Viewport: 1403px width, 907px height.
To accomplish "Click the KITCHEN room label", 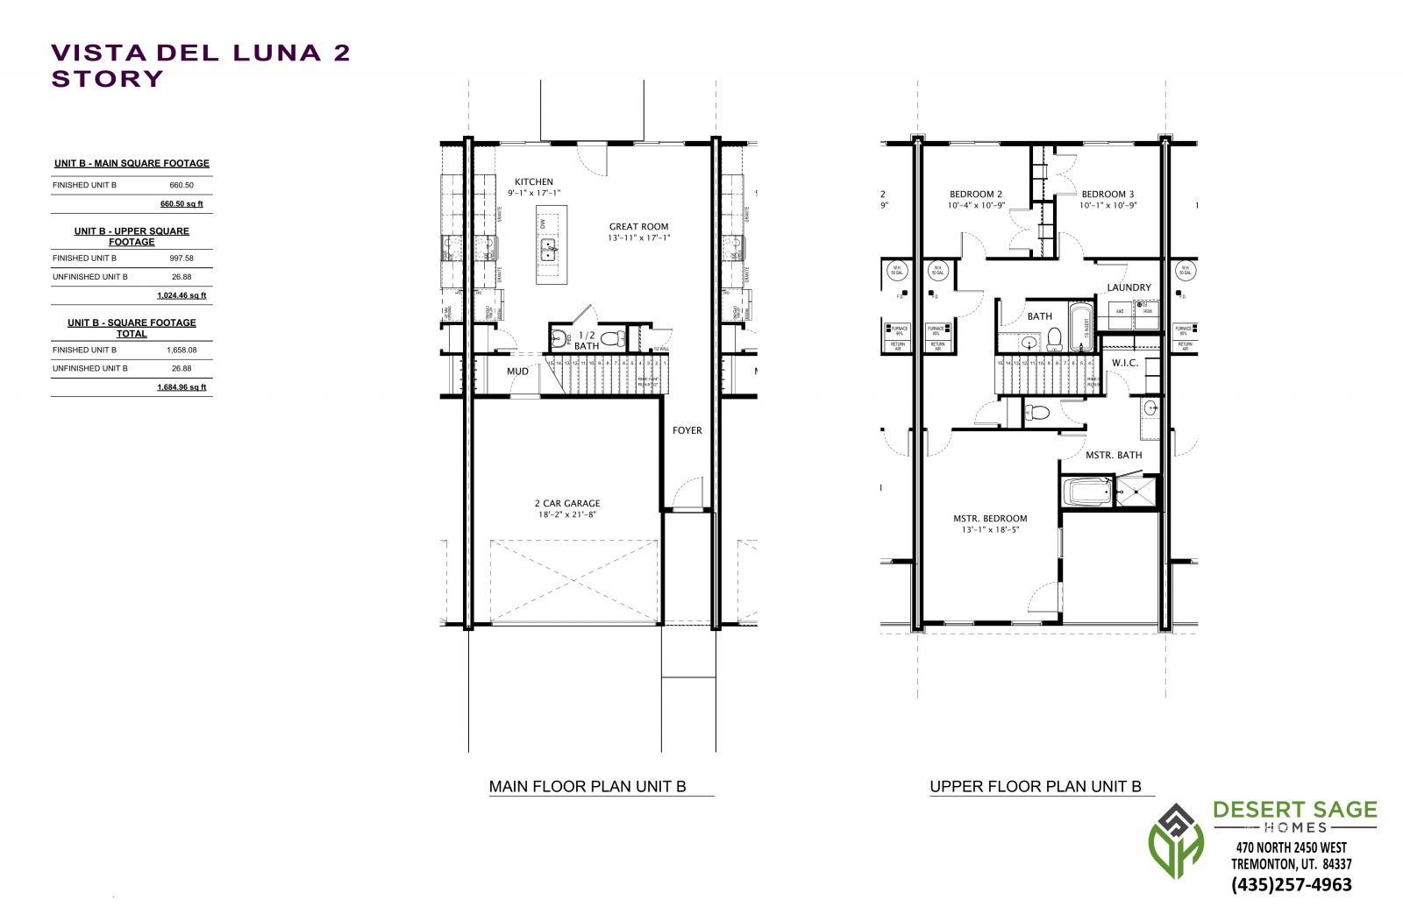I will tap(533, 181).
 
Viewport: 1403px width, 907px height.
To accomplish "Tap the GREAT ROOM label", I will tap(638, 226).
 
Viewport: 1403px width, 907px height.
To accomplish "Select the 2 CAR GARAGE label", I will tap(567, 503).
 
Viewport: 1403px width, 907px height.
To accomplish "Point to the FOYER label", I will tap(687, 430).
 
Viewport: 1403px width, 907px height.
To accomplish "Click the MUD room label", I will tap(517, 372).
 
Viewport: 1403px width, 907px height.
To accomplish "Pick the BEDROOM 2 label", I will tap(975, 195).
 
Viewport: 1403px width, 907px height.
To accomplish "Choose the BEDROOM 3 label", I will tap(1107, 195).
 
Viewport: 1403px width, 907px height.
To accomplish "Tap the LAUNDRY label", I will tap(1129, 287).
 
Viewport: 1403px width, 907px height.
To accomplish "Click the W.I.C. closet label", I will tap(1125, 363).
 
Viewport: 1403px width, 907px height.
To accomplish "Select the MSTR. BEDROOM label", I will tap(990, 518).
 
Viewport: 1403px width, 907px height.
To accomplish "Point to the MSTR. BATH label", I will tap(1114, 455).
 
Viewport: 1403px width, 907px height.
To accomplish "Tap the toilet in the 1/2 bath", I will tap(613, 337).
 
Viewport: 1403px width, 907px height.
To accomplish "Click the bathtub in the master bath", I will tap(1086, 492).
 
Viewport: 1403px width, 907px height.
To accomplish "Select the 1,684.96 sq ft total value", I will tap(182, 387).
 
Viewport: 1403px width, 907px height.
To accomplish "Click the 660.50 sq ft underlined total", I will tap(182, 204).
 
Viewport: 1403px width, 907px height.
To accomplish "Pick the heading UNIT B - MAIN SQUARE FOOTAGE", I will tap(132, 164).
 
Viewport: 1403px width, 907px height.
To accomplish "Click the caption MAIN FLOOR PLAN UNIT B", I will tap(588, 787).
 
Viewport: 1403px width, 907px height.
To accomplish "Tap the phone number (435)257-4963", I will tap(1292, 884).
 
